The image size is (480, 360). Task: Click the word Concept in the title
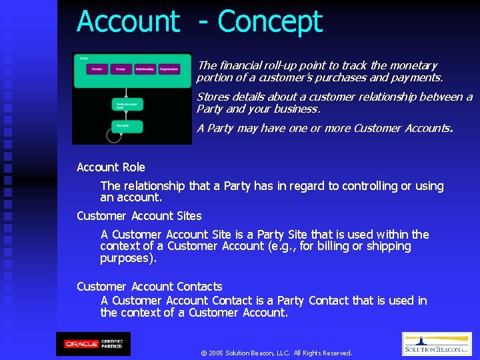[x=270, y=21]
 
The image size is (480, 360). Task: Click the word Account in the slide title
[x=128, y=21]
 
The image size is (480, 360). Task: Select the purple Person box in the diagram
[x=98, y=69]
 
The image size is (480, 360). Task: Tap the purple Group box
[x=120, y=69]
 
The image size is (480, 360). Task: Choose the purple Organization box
[x=169, y=69]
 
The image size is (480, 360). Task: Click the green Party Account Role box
[x=127, y=105]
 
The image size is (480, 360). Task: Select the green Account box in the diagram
[x=127, y=125]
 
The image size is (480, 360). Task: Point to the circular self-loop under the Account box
[x=114, y=135]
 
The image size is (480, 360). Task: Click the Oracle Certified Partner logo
[x=93, y=343]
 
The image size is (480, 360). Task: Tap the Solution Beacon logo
[x=436, y=344]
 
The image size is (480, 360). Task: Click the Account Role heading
[x=111, y=167]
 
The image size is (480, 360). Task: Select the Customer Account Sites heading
[x=139, y=216]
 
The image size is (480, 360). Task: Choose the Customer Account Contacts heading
[x=149, y=287]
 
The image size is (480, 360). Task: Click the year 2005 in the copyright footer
[x=216, y=353]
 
